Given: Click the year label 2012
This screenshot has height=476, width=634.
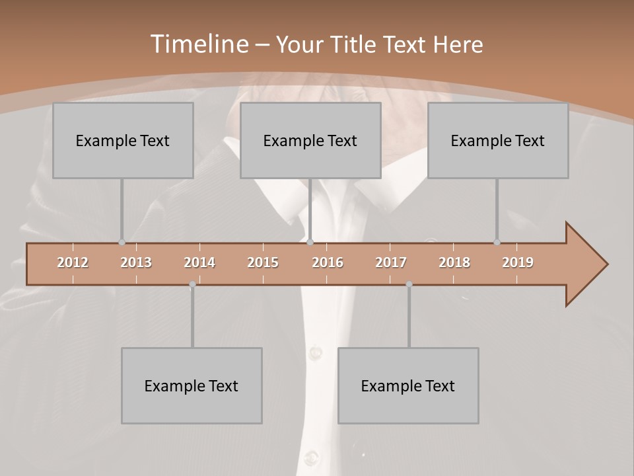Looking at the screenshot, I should click(73, 262).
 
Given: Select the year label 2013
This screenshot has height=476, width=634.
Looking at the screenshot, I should click(136, 262).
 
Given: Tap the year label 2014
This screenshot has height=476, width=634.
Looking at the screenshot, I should click(199, 262).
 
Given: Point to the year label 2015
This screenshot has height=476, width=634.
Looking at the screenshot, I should click(263, 262).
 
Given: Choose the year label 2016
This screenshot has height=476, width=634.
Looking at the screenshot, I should click(328, 262).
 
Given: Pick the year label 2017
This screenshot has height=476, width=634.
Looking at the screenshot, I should click(391, 262).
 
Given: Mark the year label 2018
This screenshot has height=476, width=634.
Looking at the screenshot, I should click(454, 262).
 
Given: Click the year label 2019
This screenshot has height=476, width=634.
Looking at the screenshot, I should click(518, 262).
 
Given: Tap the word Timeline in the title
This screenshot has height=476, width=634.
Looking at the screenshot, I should click(199, 44).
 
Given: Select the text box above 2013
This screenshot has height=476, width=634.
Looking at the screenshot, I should click(123, 140).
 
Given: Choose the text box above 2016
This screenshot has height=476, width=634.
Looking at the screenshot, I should click(310, 140).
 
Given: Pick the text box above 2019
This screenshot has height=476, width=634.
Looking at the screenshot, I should click(498, 140).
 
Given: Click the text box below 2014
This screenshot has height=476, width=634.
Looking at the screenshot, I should click(192, 385).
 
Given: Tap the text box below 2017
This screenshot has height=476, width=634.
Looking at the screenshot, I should click(408, 385).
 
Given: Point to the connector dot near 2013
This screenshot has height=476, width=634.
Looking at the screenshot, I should click(122, 242).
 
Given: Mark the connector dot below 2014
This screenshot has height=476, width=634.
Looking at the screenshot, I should click(192, 284).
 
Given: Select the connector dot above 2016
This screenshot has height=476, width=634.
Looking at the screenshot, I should click(310, 242).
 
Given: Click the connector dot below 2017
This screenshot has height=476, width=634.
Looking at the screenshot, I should click(409, 284).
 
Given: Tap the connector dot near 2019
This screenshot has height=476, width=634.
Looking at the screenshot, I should click(497, 242).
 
